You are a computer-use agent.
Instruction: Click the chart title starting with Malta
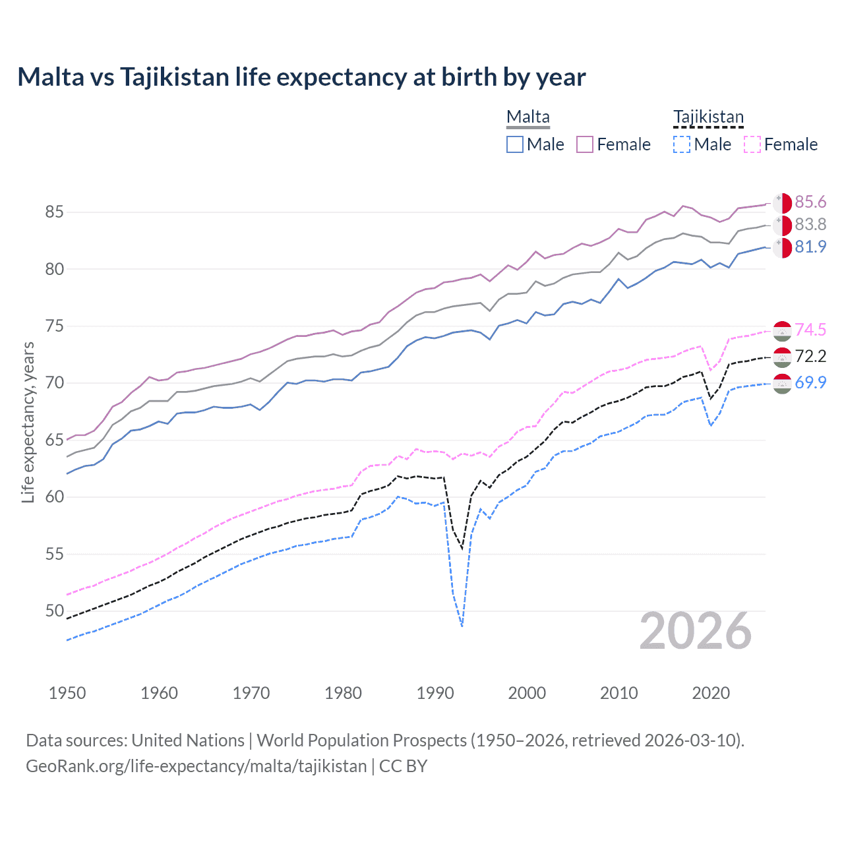(301, 77)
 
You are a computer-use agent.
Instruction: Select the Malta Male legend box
(515, 144)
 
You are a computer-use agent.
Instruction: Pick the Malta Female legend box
(585, 144)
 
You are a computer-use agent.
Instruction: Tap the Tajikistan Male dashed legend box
(682, 144)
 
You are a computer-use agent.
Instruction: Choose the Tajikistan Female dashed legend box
(752, 144)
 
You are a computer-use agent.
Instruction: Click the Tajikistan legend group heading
(708, 117)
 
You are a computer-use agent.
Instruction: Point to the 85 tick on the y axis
(54, 212)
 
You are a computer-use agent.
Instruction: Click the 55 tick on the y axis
(54, 554)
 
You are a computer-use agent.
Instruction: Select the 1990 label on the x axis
(435, 693)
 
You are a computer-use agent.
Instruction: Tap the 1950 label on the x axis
(67, 693)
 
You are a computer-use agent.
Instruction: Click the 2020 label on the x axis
(711, 693)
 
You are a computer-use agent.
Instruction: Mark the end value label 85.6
(810, 202)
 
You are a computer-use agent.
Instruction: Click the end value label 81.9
(810, 247)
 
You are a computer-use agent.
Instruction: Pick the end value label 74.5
(810, 330)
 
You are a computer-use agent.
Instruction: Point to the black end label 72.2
(810, 357)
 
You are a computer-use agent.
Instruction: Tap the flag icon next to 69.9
(782, 383)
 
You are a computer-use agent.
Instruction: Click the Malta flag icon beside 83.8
(782, 225)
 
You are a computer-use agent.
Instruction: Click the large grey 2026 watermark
(696, 631)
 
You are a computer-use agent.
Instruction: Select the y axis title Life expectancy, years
(28, 422)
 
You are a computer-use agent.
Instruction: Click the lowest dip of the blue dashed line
(462, 626)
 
